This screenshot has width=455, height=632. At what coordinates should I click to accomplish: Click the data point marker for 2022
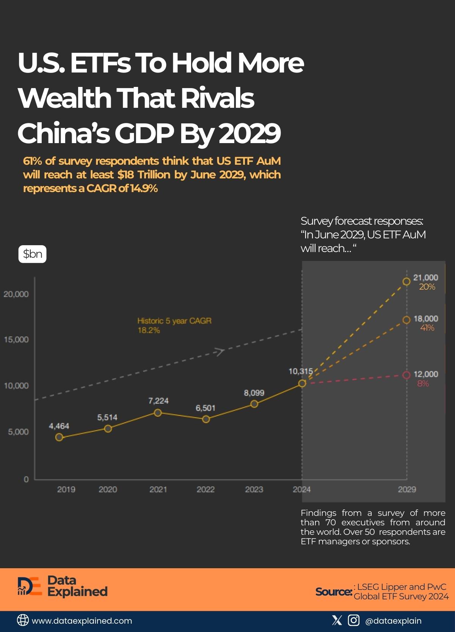pos(206,419)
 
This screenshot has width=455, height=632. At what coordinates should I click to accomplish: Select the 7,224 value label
pos(158,401)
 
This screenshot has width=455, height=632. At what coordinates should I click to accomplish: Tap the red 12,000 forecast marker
pos(406,375)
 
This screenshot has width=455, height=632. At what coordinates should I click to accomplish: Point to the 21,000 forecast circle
pos(406,282)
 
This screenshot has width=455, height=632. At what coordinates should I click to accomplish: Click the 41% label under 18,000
pos(427,328)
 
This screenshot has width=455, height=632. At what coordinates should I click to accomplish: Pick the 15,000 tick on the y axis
pos(16,340)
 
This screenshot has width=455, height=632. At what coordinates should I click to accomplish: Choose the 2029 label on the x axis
pos(407,490)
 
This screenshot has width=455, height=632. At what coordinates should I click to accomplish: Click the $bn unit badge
pos(33,254)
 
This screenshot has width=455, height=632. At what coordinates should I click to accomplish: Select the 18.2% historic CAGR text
pos(149,330)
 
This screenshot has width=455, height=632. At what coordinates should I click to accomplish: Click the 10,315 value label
pos(301,371)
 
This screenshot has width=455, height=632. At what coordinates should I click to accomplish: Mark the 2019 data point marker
pos(59,437)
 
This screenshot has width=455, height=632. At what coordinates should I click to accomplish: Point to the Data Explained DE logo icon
pos(29,586)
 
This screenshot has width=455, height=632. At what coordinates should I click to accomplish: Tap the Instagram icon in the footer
pos(353,621)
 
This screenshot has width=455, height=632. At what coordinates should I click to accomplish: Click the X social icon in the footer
pos(337,621)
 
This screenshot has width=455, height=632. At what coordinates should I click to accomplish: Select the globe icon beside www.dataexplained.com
pos(23,621)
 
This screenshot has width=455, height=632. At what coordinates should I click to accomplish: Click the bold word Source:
pos(334,592)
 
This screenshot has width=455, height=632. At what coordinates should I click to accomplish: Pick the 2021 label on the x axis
pos(158,490)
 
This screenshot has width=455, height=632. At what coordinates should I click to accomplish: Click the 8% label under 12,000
pos(423,384)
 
